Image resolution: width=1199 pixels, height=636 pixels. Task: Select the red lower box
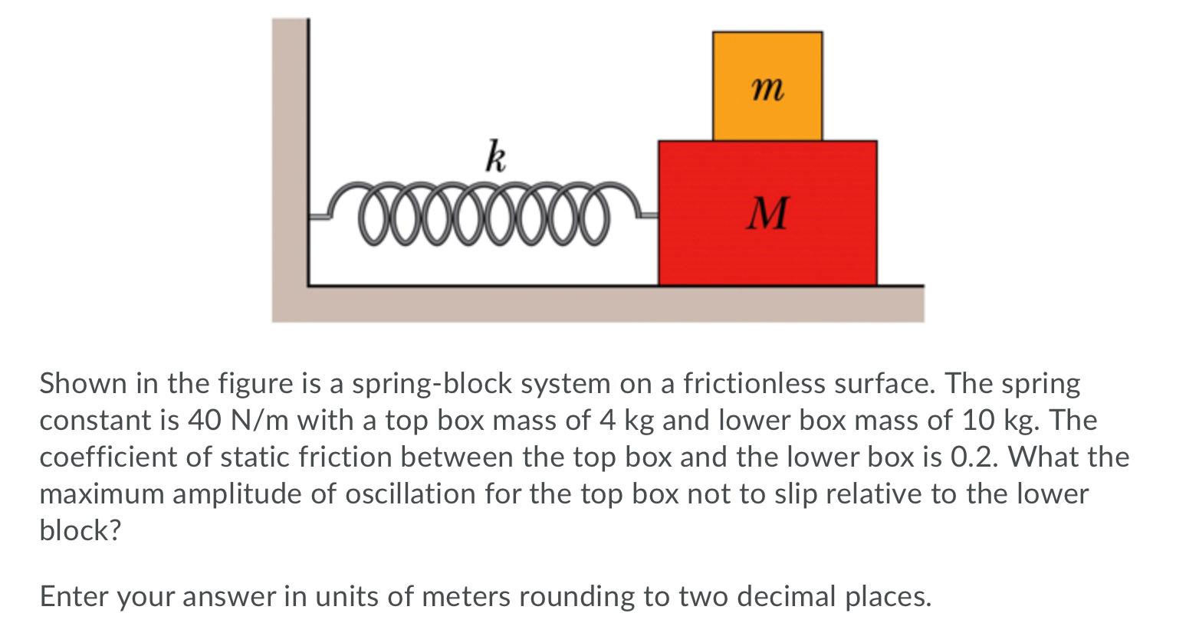coord(767,245)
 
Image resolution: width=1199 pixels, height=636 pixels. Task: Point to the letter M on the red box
coord(767,214)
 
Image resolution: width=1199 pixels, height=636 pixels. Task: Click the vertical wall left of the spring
coord(290,153)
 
